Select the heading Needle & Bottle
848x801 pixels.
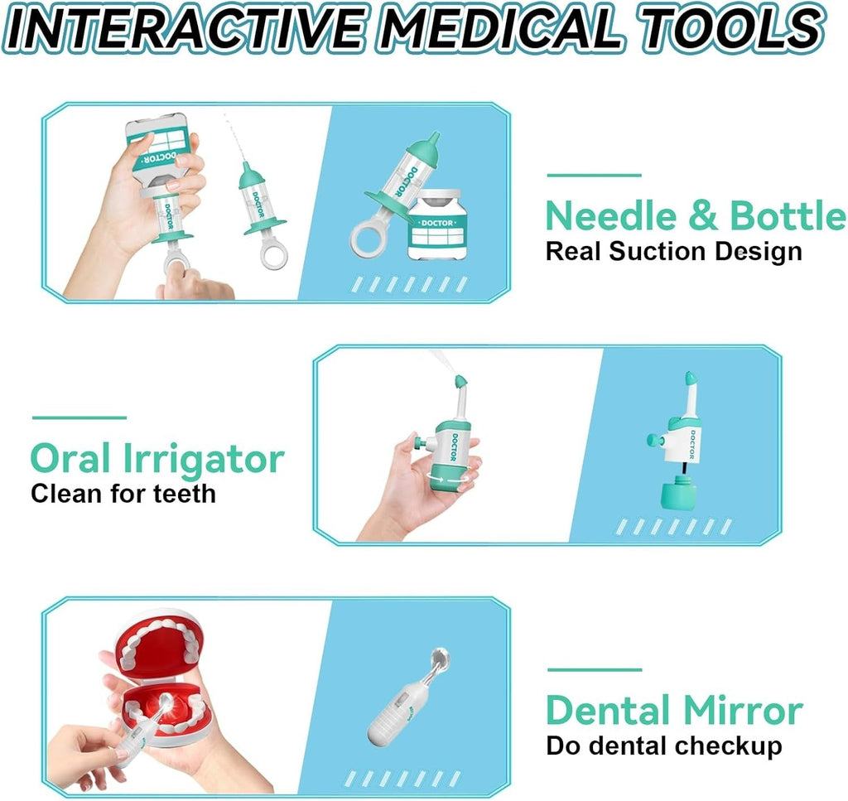point(696,215)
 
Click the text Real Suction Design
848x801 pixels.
point(673,253)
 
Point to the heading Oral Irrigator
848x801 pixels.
point(157,459)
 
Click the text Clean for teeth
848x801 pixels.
point(123,494)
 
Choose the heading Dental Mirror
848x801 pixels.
point(674,710)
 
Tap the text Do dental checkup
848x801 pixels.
point(664,746)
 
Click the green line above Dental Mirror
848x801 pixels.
point(595,670)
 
